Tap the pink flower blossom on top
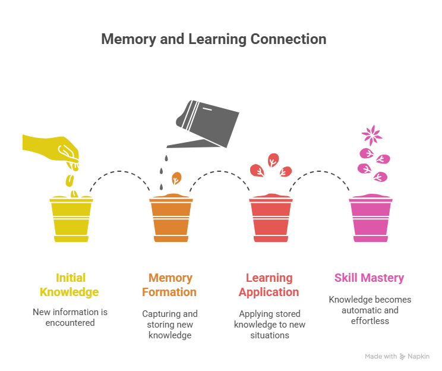(372, 135)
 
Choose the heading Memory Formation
(169, 285)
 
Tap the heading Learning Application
(269, 285)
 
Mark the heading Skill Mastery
(369, 278)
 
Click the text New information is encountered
(70, 317)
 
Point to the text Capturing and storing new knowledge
(169, 324)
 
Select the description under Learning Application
(269, 324)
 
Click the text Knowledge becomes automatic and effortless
(369, 310)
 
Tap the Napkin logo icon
(403, 357)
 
